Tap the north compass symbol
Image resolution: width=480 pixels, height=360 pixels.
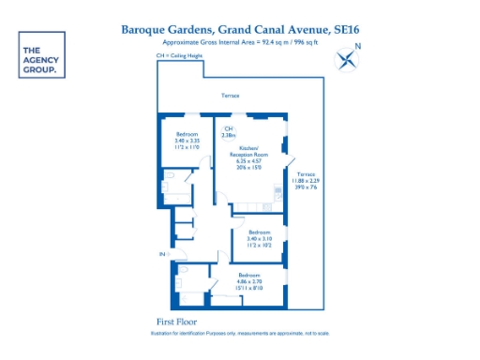[x=348, y=61]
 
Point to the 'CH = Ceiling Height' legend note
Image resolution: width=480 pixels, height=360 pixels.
[x=180, y=57]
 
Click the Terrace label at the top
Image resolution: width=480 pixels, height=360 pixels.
[x=230, y=97]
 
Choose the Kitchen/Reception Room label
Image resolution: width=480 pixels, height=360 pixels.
[x=253, y=152]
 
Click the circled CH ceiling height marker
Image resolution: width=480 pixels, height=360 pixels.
[x=228, y=128]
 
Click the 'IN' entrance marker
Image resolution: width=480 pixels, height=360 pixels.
[x=161, y=254]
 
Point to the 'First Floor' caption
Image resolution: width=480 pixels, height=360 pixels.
[x=173, y=322]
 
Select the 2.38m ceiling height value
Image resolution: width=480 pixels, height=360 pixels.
[x=228, y=137]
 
